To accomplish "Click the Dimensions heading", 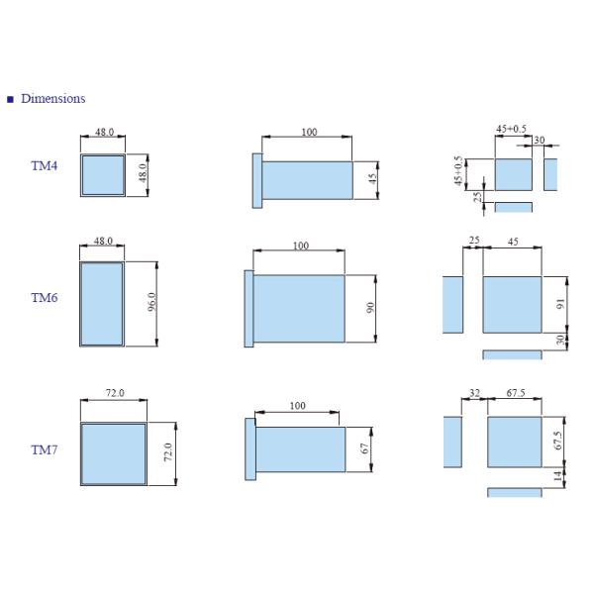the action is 53,98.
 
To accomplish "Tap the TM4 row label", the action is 44,165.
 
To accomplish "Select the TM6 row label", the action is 45,297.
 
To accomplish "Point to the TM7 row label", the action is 44,449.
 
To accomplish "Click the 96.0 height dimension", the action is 151,302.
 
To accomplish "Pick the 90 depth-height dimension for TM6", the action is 370,307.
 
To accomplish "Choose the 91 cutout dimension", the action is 560,304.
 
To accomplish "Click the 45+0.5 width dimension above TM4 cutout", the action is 511,129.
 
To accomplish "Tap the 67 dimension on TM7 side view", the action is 364,448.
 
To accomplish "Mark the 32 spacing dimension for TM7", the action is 474,393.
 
